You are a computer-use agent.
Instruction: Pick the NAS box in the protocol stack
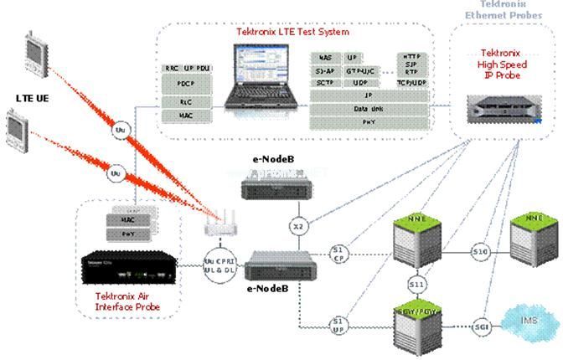[325, 57]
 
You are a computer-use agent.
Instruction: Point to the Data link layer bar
[369, 109]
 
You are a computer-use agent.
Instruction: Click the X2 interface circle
[298, 226]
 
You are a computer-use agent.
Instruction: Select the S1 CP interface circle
[338, 254]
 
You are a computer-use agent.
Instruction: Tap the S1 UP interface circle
[338, 324]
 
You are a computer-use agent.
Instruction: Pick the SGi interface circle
[481, 325]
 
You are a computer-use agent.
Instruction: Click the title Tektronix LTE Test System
[292, 32]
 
